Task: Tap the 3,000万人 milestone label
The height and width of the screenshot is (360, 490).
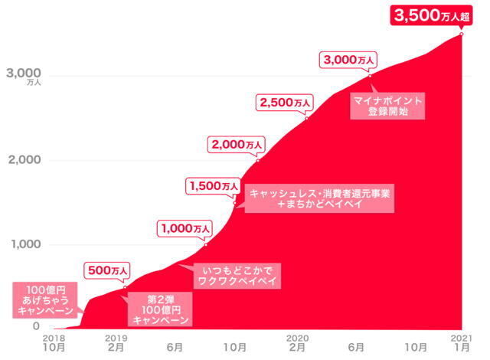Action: coord(349,60)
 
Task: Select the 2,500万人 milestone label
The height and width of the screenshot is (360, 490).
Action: coord(285,102)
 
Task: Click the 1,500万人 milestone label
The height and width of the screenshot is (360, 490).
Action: coord(214,186)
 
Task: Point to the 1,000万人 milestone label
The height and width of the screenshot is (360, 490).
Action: coord(185,228)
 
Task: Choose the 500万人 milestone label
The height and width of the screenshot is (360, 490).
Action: coord(107,270)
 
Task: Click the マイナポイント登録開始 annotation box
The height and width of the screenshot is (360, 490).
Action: coord(387,106)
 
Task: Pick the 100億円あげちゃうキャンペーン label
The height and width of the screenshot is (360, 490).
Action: coord(44,299)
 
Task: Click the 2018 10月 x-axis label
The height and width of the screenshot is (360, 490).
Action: coord(55,342)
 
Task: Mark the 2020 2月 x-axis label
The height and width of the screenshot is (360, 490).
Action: coord(297,342)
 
